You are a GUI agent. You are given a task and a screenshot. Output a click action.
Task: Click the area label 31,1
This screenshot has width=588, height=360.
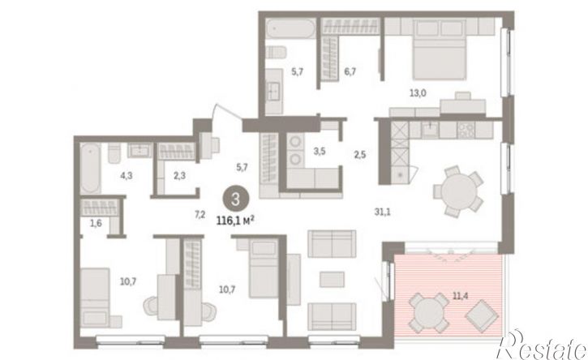pyautogui.click(x=382, y=212)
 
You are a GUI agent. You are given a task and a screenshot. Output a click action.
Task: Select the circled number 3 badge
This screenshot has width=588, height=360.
pyautogui.click(x=235, y=199)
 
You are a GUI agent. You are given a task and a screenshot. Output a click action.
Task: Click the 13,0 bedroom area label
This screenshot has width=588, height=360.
pyautogui.click(x=418, y=93)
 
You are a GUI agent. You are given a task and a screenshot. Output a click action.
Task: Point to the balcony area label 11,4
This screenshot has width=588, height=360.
pyautogui.click(x=460, y=296)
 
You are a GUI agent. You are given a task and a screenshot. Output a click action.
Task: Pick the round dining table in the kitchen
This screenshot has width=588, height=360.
pyautogui.click(x=458, y=191)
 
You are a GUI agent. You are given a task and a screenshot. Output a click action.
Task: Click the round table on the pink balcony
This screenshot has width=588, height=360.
pyautogui.click(x=429, y=313)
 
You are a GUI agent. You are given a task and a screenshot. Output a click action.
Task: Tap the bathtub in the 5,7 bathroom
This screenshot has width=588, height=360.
pyautogui.click(x=290, y=29)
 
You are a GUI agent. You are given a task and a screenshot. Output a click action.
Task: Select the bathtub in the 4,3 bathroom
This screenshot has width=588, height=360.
pyautogui.click(x=90, y=169)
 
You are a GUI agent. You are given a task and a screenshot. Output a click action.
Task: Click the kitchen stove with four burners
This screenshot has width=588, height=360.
pyautogui.click(x=466, y=130)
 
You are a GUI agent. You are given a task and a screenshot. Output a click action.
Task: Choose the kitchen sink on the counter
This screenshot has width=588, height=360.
pyautogui.click(x=430, y=130)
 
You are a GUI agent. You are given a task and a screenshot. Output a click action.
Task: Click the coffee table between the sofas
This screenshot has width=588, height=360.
pyautogui.click(x=332, y=280)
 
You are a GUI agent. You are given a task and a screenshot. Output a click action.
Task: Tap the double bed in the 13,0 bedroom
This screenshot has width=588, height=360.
pyautogui.click(x=440, y=49)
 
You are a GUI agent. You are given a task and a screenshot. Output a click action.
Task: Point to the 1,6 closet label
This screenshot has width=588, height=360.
pyautogui.click(x=96, y=224)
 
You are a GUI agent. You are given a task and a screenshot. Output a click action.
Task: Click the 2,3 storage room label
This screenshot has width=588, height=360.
pyautogui.click(x=179, y=175)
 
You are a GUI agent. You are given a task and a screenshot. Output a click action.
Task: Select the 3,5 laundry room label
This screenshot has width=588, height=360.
pyautogui.click(x=319, y=152)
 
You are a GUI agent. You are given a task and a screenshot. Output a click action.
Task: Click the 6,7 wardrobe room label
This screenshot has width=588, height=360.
pyautogui.click(x=350, y=71)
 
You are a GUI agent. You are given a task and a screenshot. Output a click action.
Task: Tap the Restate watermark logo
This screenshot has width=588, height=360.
pyautogui.click(x=541, y=345)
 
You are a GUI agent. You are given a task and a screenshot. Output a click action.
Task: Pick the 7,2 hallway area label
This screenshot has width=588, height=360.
pyautogui.click(x=200, y=215)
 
